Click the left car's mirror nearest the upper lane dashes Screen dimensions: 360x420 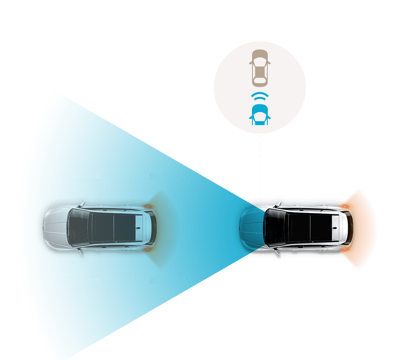pos(82,204)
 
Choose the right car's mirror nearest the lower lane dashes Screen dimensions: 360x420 pos(277,252)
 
